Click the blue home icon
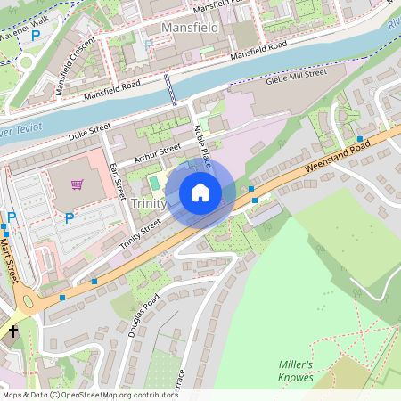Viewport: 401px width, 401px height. tap(200, 192)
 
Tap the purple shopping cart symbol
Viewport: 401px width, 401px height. tap(78, 184)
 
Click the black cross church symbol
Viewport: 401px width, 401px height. tap(12, 331)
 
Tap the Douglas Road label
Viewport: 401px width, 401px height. tap(143, 315)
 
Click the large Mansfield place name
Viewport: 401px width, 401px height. tap(190, 28)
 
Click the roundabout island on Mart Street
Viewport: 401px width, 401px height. tap(25, 298)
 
